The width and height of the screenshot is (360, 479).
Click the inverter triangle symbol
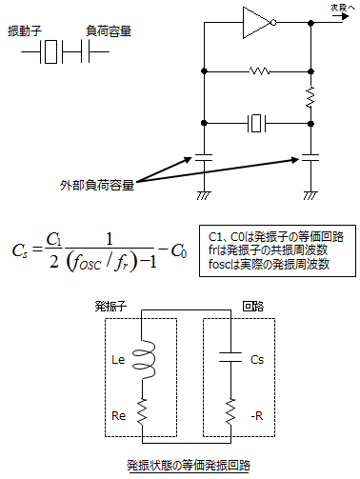258,22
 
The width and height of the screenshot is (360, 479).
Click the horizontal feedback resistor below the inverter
258,70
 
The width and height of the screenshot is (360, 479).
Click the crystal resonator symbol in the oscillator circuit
258,122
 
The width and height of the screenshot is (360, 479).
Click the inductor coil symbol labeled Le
144,361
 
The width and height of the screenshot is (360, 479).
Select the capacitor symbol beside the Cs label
230,360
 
